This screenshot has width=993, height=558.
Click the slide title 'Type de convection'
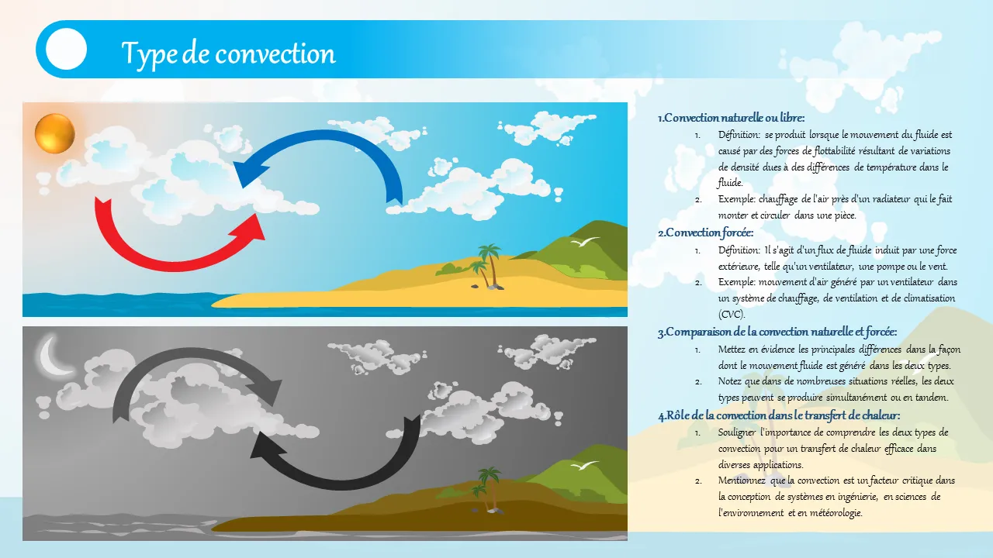click(x=228, y=53)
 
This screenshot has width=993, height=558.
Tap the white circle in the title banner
click(x=66, y=49)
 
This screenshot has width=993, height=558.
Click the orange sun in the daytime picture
click(x=55, y=134)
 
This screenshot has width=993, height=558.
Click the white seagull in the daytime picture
click(x=585, y=242)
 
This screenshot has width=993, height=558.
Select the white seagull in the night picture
click(x=585, y=466)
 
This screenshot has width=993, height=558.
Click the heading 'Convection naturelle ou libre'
click(x=731, y=119)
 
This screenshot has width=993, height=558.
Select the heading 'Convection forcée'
click(x=705, y=233)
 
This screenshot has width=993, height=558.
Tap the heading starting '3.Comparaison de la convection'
click(x=777, y=332)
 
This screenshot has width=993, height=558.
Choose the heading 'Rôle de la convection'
click(x=779, y=416)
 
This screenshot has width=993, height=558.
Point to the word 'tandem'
click(x=931, y=398)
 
